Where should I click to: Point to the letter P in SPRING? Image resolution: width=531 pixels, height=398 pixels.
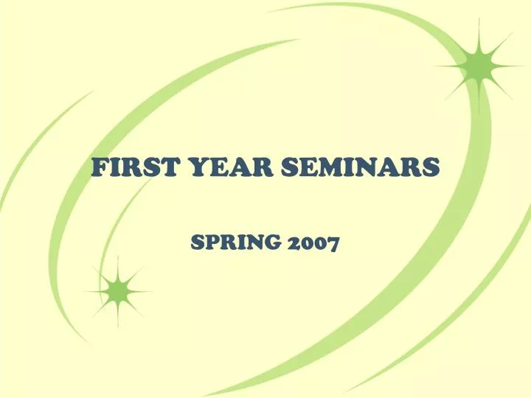211,241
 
